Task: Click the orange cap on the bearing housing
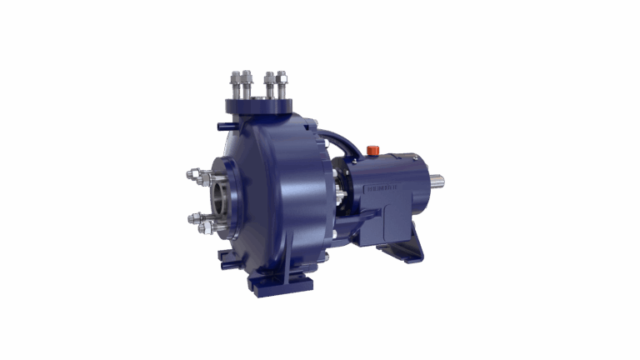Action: click(372, 150)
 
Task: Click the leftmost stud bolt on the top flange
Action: click(237, 84)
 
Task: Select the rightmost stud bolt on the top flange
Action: click(282, 84)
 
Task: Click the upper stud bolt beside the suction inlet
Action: click(196, 175)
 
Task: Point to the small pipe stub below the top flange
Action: click(224, 127)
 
